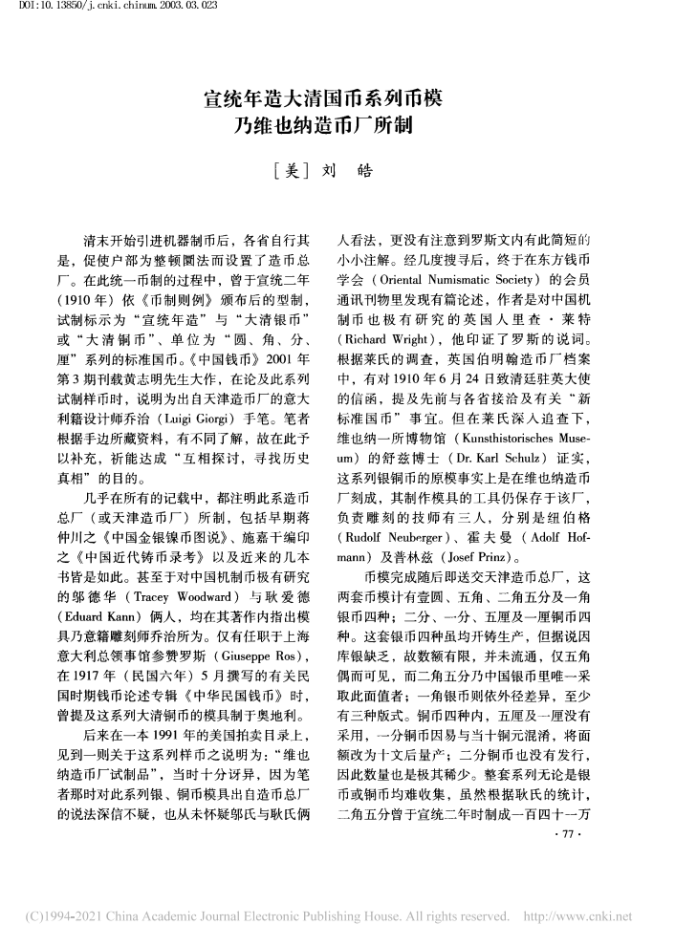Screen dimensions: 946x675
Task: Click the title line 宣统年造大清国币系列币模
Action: (337, 97)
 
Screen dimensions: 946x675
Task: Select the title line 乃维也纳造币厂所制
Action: (337, 124)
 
